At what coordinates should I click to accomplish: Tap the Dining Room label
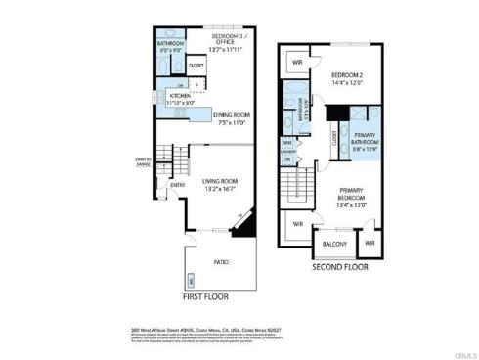pos(233,114)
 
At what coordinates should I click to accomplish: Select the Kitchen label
pos(180,96)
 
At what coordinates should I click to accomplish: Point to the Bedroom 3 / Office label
pos(231,39)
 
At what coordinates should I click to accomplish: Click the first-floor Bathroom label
pos(172,44)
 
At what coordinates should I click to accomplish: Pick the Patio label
pos(221,262)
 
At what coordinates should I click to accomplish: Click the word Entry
pos(178,184)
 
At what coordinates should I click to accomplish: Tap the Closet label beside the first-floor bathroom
pos(196,66)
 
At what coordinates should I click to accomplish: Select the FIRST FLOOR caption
pos(207,294)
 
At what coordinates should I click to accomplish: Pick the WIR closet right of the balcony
pos(370,242)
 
